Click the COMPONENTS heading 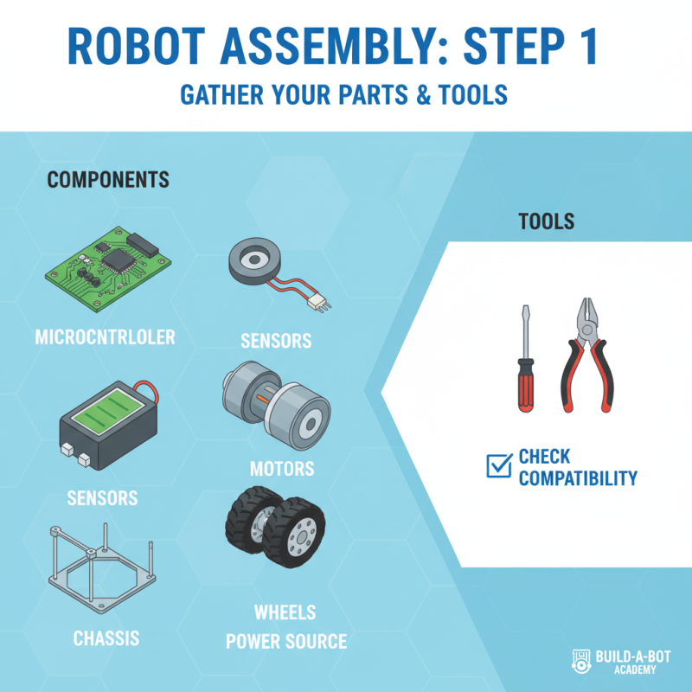pyautogui.click(x=108, y=180)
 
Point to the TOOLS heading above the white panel pyautogui.click(x=546, y=221)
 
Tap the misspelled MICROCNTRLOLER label pyautogui.click(x=105, y=336)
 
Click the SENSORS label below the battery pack pyautogui.click(x=102, y=498)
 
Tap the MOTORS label pyautogui.click(x=282, y=470)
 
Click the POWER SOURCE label pyautogui.click(x=286, y=642)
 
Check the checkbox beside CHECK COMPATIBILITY pyautogui.click(x=499, y=467)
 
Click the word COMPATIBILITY pyautogui.click(x=578, y=477)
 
